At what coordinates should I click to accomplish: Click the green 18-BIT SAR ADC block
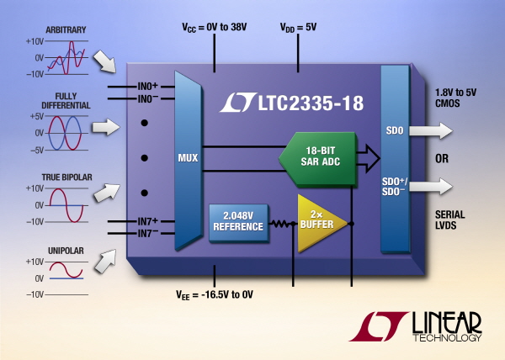pos(318,159)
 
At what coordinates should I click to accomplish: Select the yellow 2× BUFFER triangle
pos(320,223)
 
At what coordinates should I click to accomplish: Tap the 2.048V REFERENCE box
pos(239,222)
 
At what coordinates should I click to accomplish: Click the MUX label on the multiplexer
pos(188,158)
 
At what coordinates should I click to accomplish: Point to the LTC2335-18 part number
pos(311,103)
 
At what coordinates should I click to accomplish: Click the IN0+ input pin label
pos(148,87)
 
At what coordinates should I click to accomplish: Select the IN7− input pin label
pos(148,233)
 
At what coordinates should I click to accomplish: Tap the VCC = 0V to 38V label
pos(214,28)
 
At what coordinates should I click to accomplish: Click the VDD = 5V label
pos(298,28)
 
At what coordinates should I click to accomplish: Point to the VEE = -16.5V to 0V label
pos(215,294)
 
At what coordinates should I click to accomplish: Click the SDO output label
pos(395,130)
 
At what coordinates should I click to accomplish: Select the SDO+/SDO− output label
pos(394,187)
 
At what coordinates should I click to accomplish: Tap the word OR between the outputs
pos(442,159)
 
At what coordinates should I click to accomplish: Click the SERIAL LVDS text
pos(450,220)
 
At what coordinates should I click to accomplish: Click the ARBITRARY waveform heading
pos(66,30)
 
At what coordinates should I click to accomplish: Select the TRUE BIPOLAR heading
pos(67,177)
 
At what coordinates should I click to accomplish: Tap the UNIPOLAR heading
pos(66,251)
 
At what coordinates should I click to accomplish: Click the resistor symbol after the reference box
pos(281,224)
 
